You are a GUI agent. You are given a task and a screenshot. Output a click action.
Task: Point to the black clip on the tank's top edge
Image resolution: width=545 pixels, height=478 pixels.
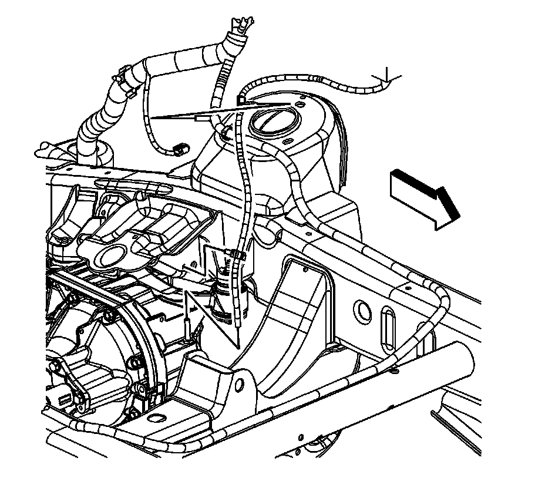(x=241, y=100)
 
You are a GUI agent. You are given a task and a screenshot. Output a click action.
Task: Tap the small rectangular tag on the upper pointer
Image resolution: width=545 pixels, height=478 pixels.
(x=200, y=119)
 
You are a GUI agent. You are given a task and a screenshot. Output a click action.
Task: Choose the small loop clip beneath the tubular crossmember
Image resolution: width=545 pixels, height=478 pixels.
(x=395, y=370)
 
